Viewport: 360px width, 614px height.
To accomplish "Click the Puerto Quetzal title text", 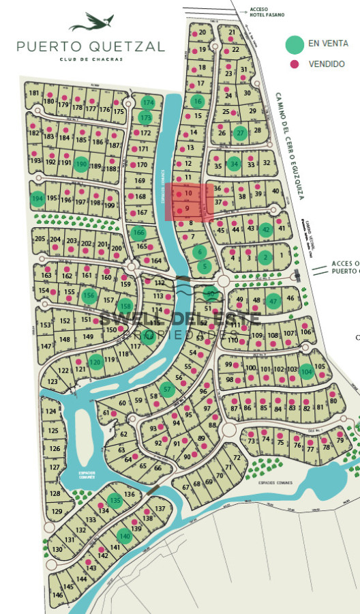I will click(x=91, y=46).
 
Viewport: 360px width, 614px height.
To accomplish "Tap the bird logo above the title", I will click(x=91, y=25).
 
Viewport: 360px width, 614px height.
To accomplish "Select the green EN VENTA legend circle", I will click(x=295, y=44).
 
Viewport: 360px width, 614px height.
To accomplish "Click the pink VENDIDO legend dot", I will click(x=295, y=64).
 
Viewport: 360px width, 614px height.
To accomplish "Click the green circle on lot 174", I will click(x=148, y=102).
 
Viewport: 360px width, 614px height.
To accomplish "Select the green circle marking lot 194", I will click(x=37, y=199).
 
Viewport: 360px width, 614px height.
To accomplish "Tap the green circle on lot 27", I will click(x=239, y=133).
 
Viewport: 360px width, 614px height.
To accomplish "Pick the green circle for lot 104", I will click(x=307, y=372).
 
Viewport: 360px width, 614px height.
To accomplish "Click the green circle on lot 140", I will click(x=123, y=536).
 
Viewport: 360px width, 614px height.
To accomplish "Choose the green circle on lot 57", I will click(x=167, y=390).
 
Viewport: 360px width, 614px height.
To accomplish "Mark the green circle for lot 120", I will click(x=96, y=362).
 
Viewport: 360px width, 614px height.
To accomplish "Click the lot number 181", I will click(x=34, y=93).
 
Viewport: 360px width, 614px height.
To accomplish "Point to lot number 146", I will click(x=58, y=595).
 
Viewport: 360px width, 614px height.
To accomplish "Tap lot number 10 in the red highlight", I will click(x=188, y=193).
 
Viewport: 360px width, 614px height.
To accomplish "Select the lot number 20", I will click(x=202, y=32).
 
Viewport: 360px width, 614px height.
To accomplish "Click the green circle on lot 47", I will click(x=273, y=300).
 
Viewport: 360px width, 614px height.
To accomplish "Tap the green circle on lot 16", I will click(x=198, y=102).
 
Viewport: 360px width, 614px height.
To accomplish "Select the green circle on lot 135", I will click(x=115, y=500).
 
